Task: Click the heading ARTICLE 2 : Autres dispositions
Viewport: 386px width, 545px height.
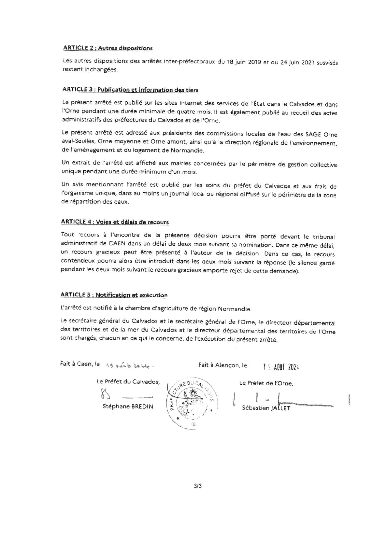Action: [x=108, y=48]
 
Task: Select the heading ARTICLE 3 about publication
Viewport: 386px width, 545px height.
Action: [x=130, y=90]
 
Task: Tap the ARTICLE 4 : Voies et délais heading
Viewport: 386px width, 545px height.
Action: [x=115, y=222]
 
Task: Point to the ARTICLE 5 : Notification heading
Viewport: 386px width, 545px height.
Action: [x=114, y=295]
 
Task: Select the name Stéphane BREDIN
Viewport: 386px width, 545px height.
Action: [x=128, y=406]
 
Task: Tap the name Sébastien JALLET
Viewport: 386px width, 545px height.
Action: [x=266, y=408]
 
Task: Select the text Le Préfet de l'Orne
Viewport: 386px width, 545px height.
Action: [x=266, y=383]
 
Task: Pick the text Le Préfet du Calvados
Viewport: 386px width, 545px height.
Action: [x=128, y=382]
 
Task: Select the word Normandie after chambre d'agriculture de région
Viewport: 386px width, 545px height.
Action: [x=235, y=309]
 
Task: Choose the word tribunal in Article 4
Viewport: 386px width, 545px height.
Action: [x=324, y=237]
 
